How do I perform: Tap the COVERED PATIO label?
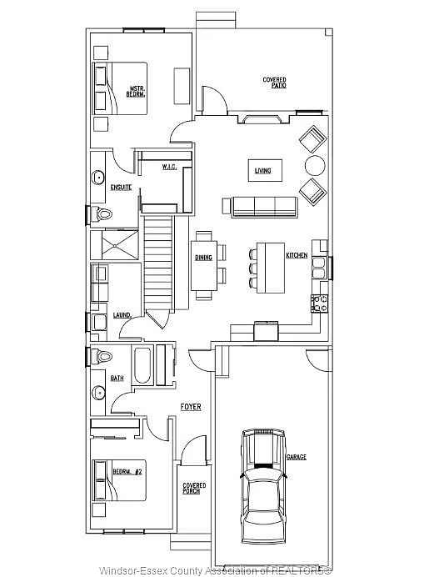[x=275, y=83]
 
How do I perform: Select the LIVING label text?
[x=262, y=172]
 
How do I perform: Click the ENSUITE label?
[x=122, y=187]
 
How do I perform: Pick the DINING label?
[x=204, y=258]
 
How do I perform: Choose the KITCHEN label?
[x=297, y=254]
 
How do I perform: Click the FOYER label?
[x=191, y=406]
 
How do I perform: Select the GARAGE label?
[x=297, y=458]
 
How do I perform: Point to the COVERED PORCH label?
[x=194, y=488]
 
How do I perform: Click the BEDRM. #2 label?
[x=128, y=473]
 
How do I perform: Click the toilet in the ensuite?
[x=102, y=214]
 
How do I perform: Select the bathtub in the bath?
[x=142, y=365]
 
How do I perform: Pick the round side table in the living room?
[x=315, y=164]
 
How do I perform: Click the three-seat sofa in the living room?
[x=258, y=205]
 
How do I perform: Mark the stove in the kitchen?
[x=319, y=301]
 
